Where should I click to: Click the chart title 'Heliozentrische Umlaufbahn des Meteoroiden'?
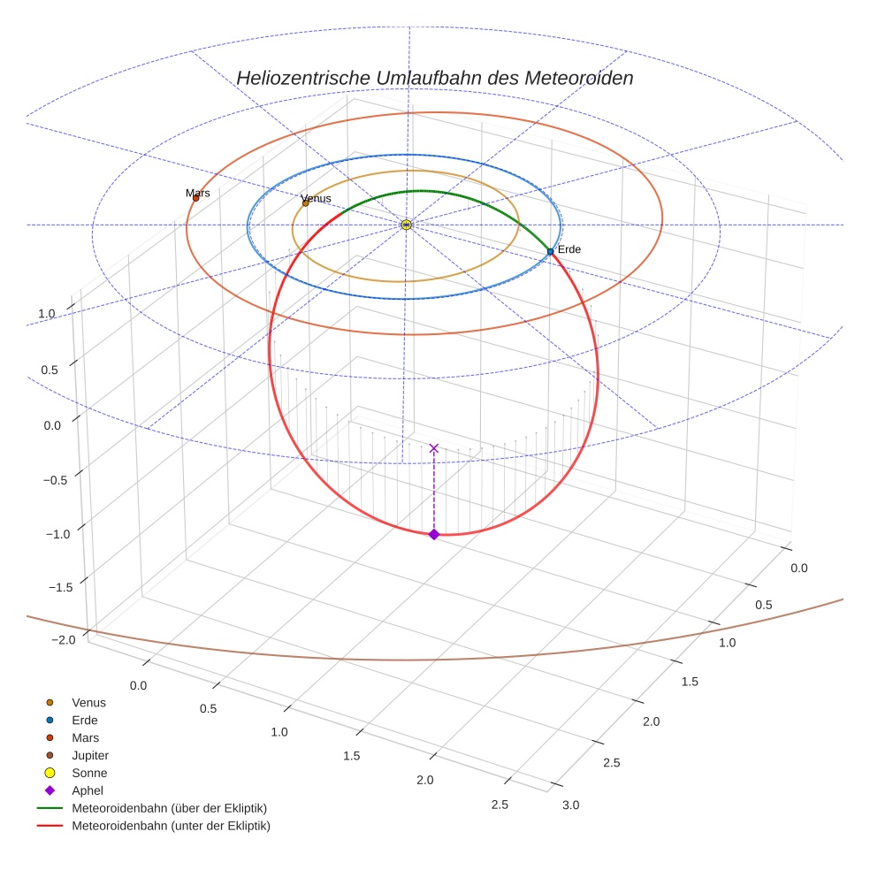click(434, 78)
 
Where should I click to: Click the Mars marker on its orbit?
click(195, 198)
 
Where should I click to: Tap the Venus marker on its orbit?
click(306, 203)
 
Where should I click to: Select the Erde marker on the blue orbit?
click(550, 252)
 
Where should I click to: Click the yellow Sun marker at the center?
click(406, 225)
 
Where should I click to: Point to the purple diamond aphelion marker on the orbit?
click(433, 534)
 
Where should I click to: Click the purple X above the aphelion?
click(433, 448)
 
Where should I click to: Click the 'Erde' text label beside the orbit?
click(569, 249)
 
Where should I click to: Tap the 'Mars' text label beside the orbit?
click(197, 193)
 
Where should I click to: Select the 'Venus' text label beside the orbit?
click(316, 199)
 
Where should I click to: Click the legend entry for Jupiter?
click(90, 756)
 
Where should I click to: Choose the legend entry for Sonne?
click(89, 774)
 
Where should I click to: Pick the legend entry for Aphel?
click(88, 791)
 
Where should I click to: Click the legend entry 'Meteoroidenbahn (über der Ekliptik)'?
click(169, 809)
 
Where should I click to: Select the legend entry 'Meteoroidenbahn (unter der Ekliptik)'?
click(171, 827)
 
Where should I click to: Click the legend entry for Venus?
click(88, 703)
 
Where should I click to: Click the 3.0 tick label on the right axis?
click(569, 805)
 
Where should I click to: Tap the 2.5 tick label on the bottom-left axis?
click(500, 804)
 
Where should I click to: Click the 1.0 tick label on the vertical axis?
click(47, 314)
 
